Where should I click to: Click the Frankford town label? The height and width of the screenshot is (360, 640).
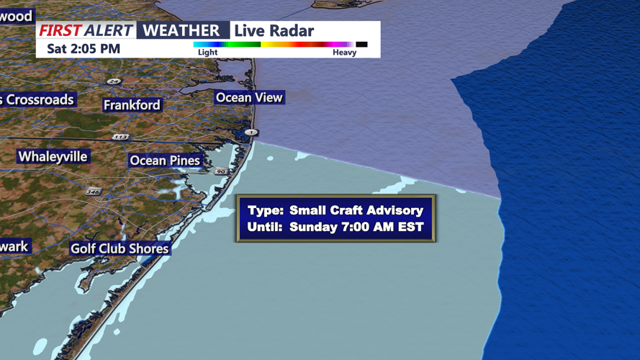coord(132,105)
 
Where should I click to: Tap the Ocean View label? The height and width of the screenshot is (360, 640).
coord(250,97)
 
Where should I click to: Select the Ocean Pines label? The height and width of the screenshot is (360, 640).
coord(165,161)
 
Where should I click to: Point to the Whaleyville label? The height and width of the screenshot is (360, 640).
coord(53,156)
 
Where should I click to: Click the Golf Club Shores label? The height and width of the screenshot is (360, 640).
coord(120,248)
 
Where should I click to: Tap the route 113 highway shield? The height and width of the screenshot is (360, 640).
coord(120,137)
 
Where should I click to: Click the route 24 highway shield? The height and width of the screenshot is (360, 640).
coord(114,81)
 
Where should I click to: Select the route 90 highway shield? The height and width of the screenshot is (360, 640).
coord(220,171)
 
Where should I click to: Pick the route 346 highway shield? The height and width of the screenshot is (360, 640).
coord(93,192)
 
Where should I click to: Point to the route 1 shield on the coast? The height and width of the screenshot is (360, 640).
coord(251,132)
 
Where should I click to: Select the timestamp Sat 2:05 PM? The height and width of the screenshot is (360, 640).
coord(84,49)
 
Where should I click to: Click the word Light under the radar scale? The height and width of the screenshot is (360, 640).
coord(207,53)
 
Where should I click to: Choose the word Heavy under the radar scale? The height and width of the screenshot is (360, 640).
coord(344,53)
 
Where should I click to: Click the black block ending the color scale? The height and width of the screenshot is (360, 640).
coord(361,45)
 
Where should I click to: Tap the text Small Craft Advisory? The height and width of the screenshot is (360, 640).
coord(356,210)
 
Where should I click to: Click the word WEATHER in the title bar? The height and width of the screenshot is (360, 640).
coord(181,30)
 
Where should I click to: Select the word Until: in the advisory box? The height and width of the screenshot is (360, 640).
coord(266,227)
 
